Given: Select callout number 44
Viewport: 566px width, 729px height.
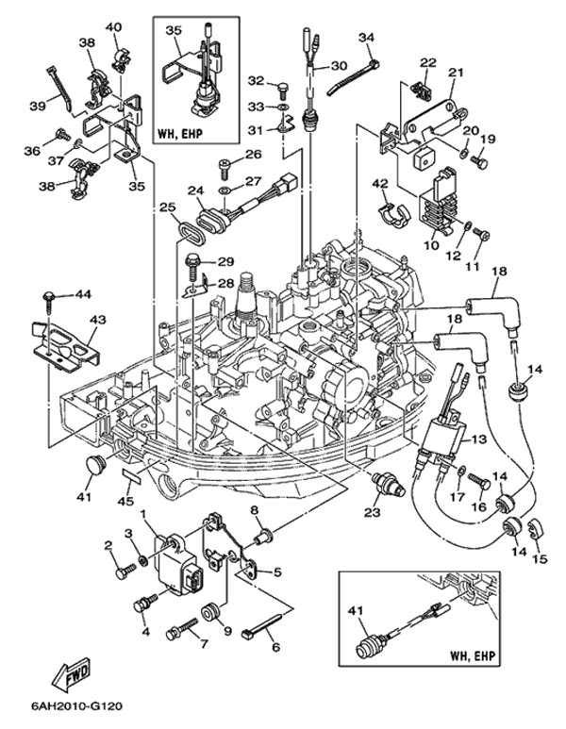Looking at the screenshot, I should tap(83, 295).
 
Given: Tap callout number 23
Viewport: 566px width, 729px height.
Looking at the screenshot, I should tap(374, 513).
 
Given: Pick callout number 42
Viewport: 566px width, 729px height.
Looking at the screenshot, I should tap(381, 183).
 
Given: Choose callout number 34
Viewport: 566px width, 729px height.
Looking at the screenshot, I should tap(367, 37).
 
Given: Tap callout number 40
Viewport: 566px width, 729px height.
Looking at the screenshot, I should tap(114, 26).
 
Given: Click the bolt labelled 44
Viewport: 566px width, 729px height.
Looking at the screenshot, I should tap(45, 298).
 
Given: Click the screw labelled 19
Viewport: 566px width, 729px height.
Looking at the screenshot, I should tap(478, 162).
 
